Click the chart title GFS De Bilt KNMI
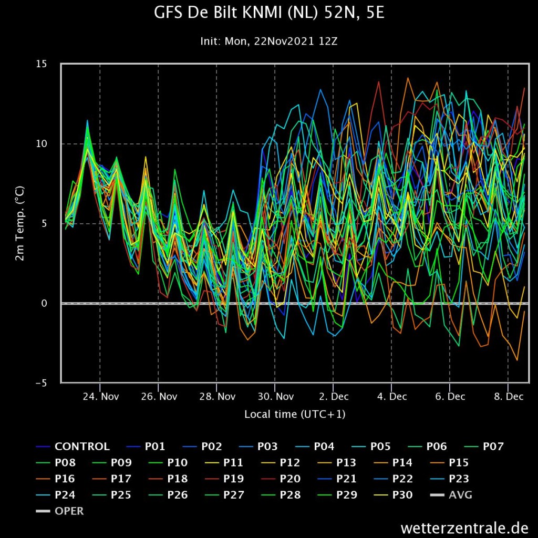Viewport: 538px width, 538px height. coord(269,13)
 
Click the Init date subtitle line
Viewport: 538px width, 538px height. coord(269,42)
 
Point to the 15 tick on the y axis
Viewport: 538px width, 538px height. coord(41,64)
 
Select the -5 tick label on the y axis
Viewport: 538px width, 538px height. coord(41,383)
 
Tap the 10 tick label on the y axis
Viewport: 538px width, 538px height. coord(41,144)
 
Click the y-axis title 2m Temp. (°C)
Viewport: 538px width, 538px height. coord(20,223)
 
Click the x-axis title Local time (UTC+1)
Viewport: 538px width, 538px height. coord(295,414)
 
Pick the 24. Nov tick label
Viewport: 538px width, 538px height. coord(100,397)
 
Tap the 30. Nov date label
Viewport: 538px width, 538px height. coord(275,397)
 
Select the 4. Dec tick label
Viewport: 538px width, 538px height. coord(392,397)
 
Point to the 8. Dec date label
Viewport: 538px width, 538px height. coord(509,397)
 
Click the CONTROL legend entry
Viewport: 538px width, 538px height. coord(73,447)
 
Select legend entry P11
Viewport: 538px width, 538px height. coord(224,462)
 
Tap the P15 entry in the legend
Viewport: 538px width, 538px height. coord(449,462)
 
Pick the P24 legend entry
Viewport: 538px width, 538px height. coord(55,495)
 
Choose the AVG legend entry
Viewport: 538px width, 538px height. coord(451,495)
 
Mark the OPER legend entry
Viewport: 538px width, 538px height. coord(60,511)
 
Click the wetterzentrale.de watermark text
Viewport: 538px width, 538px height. coord(464,527)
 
